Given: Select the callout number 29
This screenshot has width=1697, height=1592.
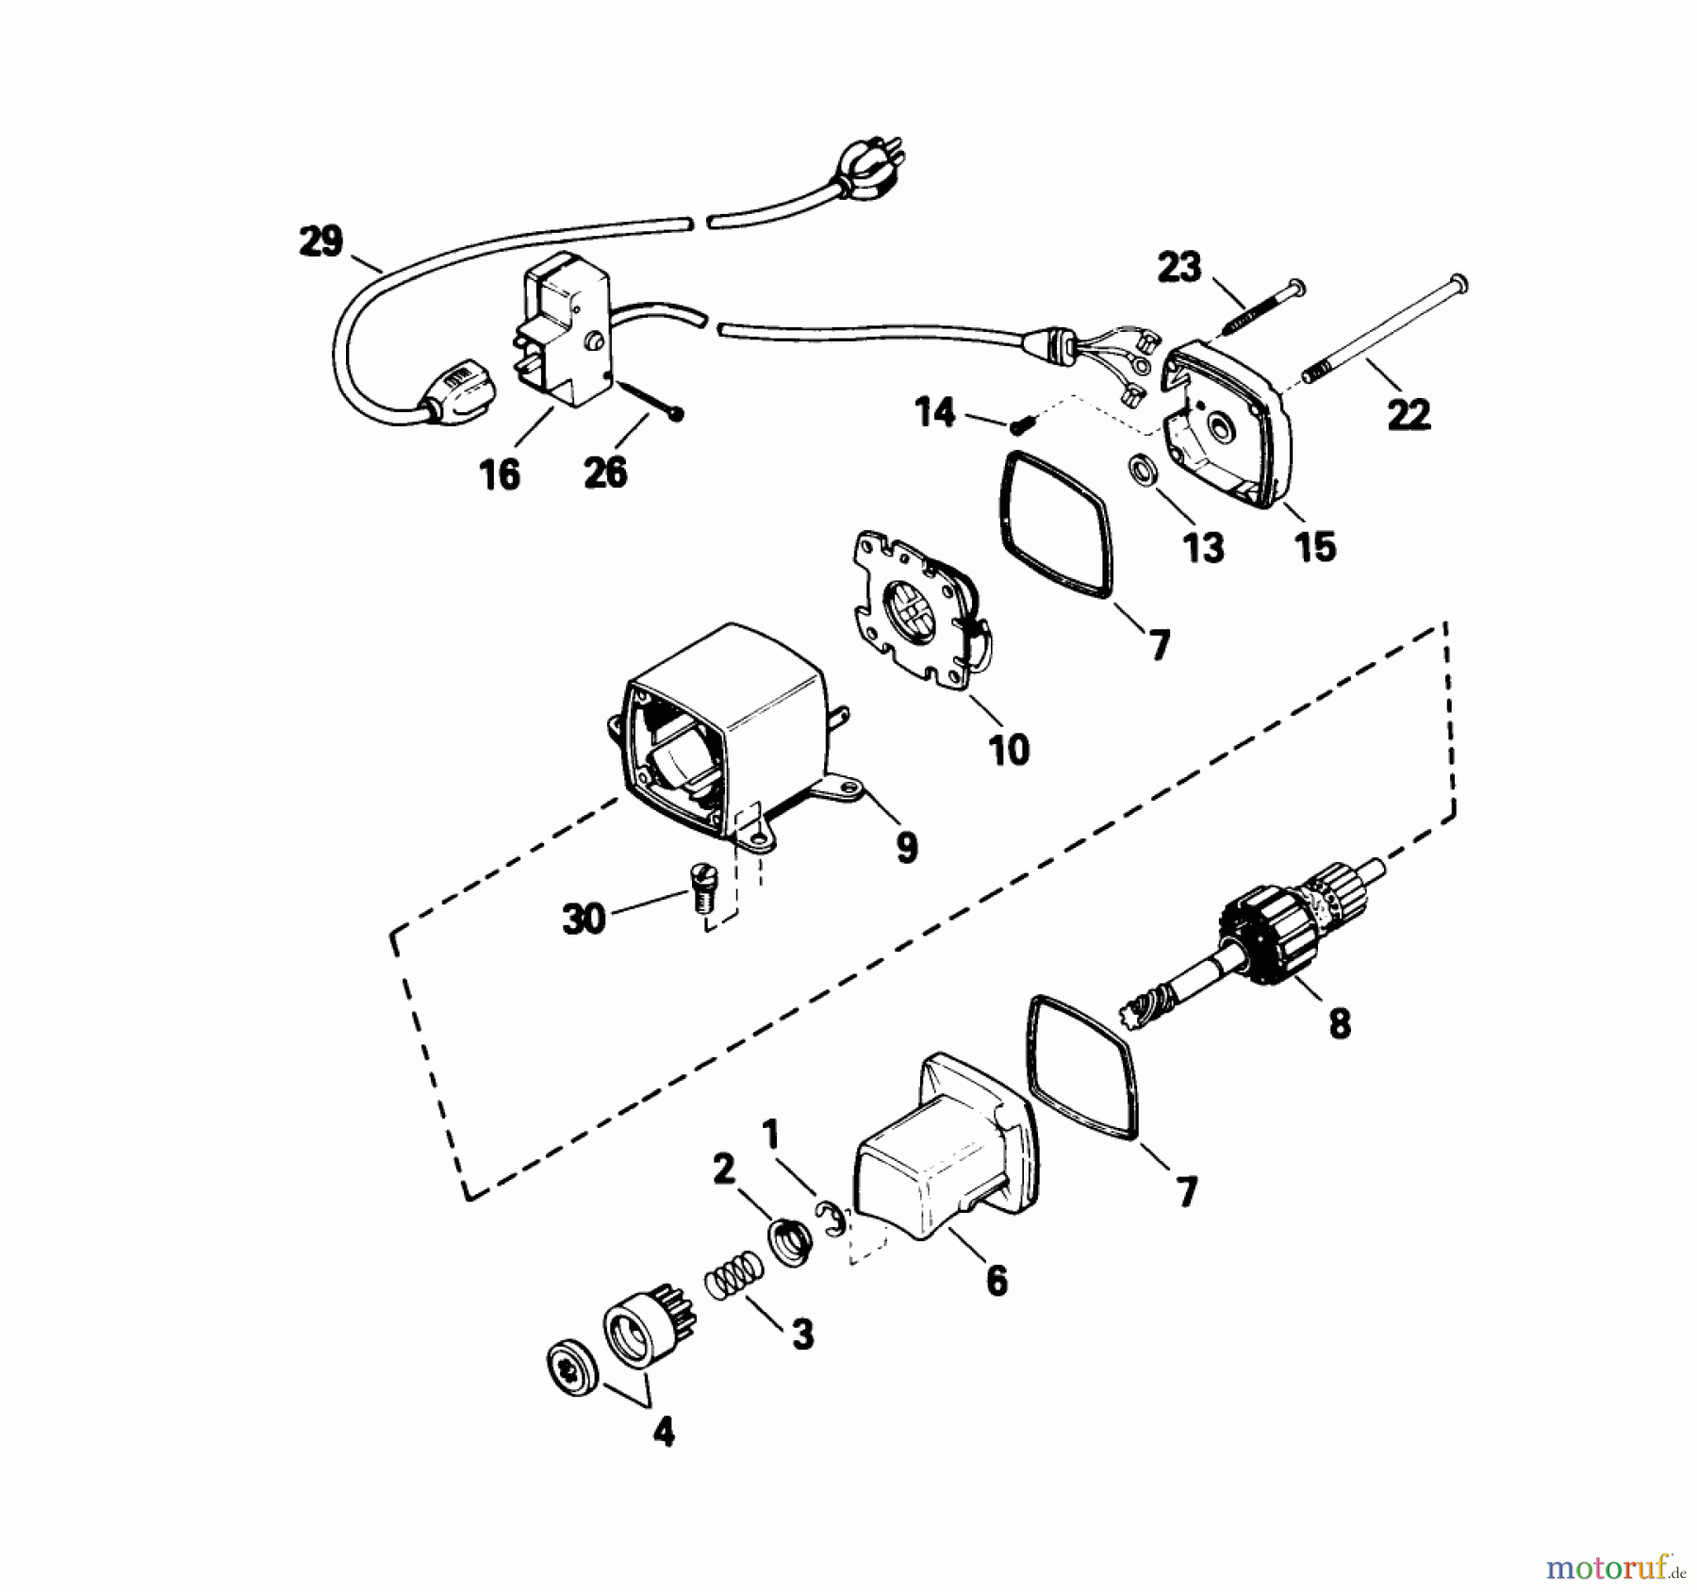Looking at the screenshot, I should click(321, 241).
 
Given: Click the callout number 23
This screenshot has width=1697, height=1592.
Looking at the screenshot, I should click(1179, 267).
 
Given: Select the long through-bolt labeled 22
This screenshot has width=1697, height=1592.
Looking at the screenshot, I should click(1386, 326).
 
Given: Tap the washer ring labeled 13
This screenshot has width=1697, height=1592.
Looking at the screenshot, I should click(1141, 470).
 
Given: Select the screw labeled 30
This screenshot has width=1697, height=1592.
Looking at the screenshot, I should click(701, 887).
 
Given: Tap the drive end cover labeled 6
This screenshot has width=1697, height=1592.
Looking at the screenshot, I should click(943, 1160).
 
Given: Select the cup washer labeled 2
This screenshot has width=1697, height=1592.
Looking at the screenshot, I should click(790, 1243).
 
